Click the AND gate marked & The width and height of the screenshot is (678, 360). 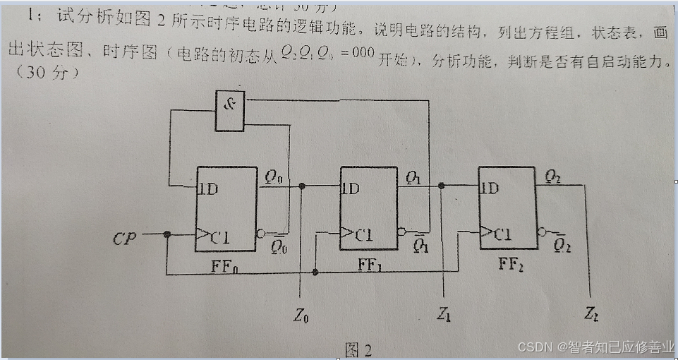[230, 112]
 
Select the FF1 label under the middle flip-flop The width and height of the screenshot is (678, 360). [370, 265]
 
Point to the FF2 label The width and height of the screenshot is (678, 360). [510, 265]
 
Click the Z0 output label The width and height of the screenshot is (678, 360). [301, 316]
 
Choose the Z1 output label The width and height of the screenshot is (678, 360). [443, 316]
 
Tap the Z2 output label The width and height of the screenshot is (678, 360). [592, 314]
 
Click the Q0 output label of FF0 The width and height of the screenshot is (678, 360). [274, 178]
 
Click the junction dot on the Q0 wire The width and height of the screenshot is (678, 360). [301, 186]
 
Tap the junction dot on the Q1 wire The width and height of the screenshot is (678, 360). [442, 186]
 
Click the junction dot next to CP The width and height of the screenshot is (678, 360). [167, 235]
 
